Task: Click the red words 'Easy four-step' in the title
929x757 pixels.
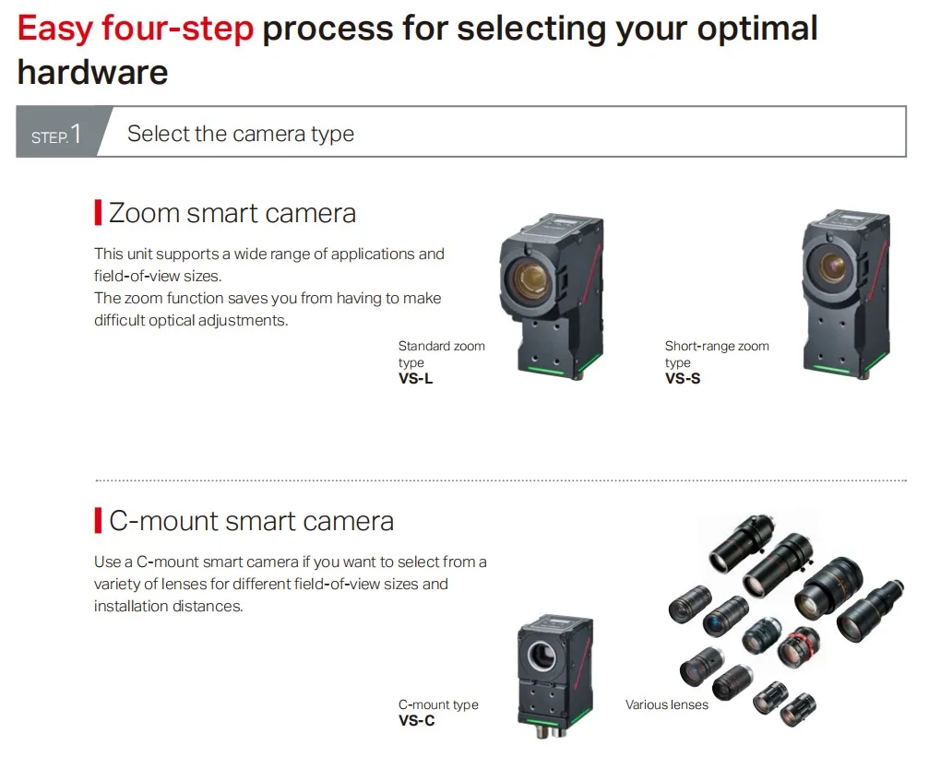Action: [135, 30]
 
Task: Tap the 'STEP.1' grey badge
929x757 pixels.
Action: [57, 135]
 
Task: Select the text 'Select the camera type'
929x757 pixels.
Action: [240, 134]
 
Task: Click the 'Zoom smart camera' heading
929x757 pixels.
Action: [232, 213]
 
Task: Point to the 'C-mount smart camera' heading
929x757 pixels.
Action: [251, 521]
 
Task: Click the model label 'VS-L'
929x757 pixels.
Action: [415, 378]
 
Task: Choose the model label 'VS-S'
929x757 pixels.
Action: [682, 378]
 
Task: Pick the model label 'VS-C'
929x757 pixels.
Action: [416, 720]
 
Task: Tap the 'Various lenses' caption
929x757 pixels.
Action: [666, 704]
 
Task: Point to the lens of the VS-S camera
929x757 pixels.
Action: [832, 266]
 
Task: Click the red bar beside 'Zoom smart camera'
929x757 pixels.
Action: [98, 213]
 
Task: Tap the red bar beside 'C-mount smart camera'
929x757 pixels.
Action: [98, 521]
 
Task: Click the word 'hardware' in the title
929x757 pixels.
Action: [92, 72]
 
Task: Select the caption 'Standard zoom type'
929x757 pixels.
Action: [441, 354]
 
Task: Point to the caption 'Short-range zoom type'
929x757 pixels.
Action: [716, 354]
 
